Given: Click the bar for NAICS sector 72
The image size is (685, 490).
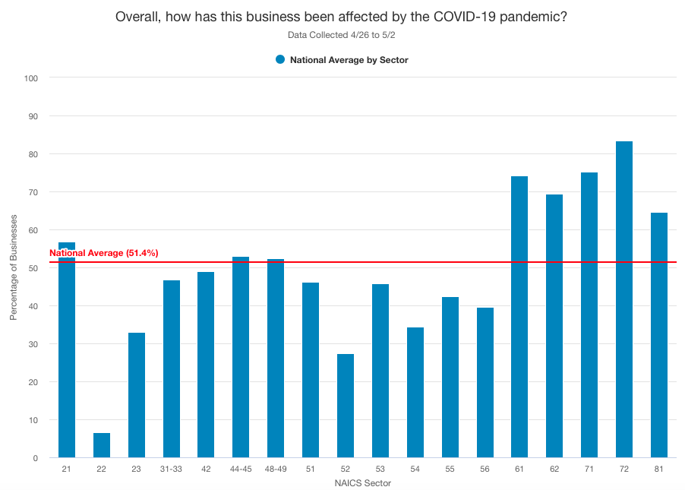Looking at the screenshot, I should point(624,299).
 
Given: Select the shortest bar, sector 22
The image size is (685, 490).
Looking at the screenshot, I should point(102,445).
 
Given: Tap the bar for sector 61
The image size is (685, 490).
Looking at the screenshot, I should point(519,317).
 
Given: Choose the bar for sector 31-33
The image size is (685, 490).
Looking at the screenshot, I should point(172,368).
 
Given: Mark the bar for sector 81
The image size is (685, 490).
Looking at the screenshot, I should point(658,335).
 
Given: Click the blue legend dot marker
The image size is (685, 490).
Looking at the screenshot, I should point(280,59).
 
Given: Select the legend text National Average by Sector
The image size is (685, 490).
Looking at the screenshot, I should point(349,60).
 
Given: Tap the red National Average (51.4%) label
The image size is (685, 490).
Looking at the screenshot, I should point(103,253).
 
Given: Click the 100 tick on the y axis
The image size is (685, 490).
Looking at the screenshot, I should point(31,77).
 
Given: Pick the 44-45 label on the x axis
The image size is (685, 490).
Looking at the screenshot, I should point(241,469).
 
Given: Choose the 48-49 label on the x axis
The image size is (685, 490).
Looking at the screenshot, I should point(276,469).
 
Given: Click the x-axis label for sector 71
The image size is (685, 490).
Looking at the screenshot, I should point(589,469).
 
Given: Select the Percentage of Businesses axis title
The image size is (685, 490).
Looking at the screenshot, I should point(14,267).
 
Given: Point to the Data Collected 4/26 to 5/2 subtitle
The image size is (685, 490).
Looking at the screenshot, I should point(342,35).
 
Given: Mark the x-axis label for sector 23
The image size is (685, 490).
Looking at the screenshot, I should point(137,469).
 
